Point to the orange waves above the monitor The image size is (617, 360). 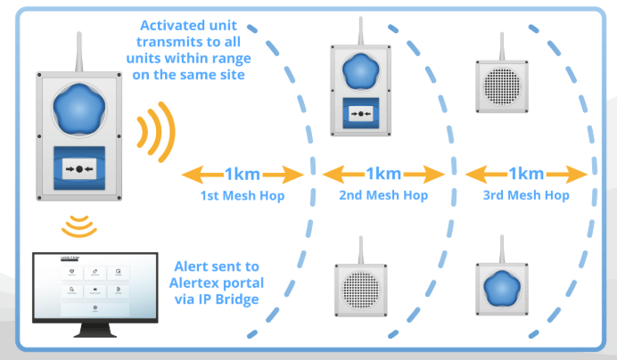point(79,225)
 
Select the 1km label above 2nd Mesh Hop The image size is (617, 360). point(383,173)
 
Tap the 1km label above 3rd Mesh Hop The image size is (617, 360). point(525,173)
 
